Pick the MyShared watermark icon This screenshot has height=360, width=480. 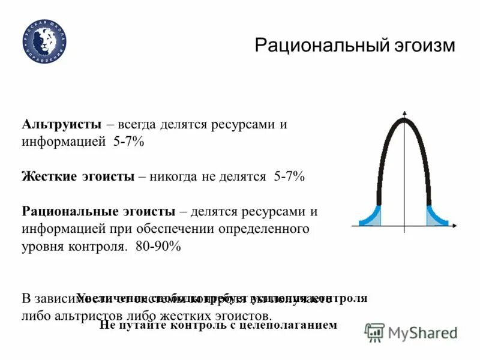click(x=375, y=332)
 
